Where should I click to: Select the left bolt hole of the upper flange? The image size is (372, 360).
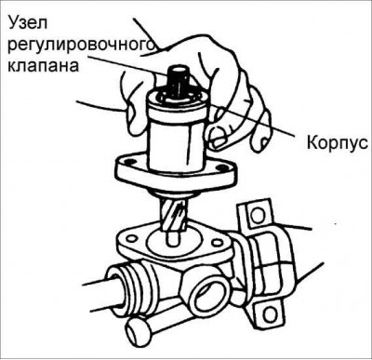tap(126, 169)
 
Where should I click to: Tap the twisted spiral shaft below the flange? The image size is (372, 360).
tap(175, 215)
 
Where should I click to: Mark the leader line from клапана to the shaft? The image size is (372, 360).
tap(139, 74)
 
